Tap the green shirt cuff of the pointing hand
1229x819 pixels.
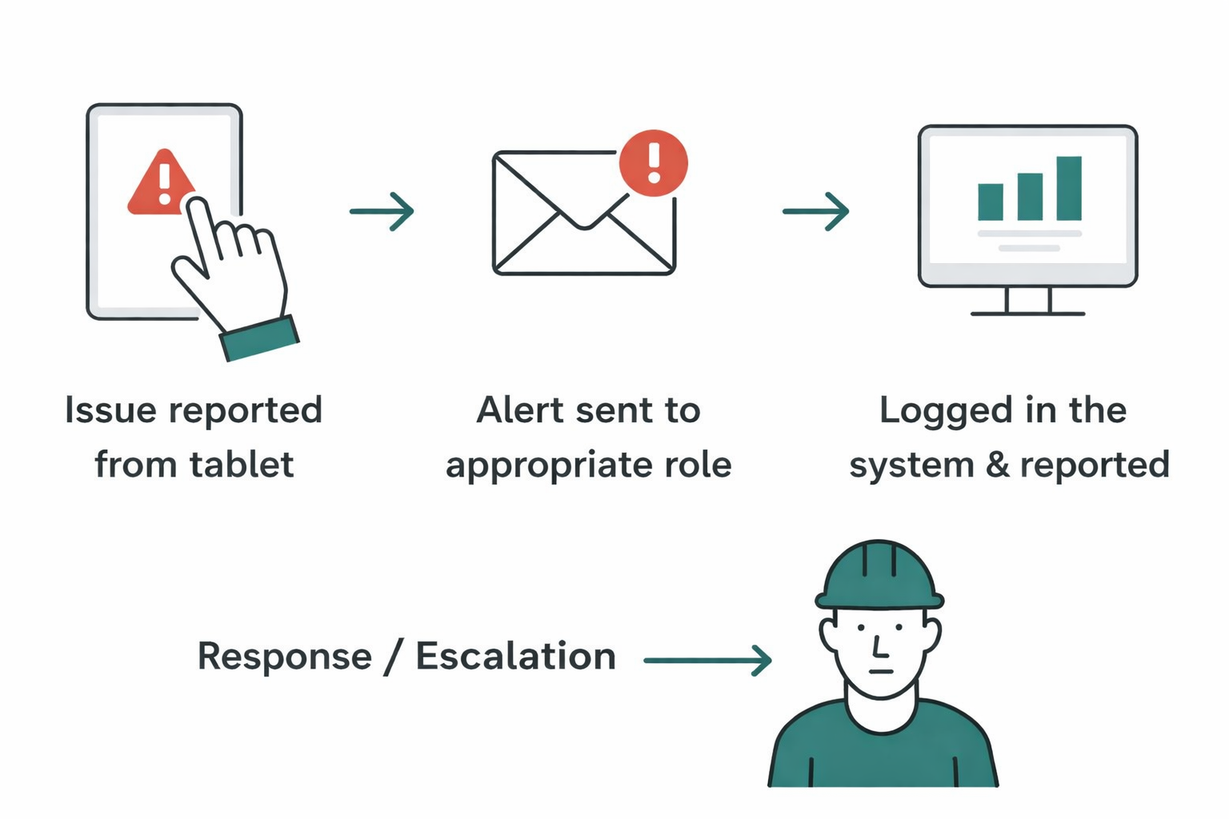pos(259,338)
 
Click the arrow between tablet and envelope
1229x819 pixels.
pos(382,211)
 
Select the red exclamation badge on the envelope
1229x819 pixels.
pos(653,162)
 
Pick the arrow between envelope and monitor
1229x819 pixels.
pos(815,211)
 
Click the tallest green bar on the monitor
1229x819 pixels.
pos(1069,188)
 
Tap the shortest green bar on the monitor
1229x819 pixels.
pos(991,202)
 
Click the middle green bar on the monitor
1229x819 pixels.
pos(1030,196)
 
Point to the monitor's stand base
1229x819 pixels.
pos(1028,313)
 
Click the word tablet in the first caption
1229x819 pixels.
pos(242,465)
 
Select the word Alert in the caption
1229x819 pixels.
pos(520,410)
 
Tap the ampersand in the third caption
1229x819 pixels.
pos(997,465)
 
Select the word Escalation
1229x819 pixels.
pos(515,657)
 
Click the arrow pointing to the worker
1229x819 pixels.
pos(707,660)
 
